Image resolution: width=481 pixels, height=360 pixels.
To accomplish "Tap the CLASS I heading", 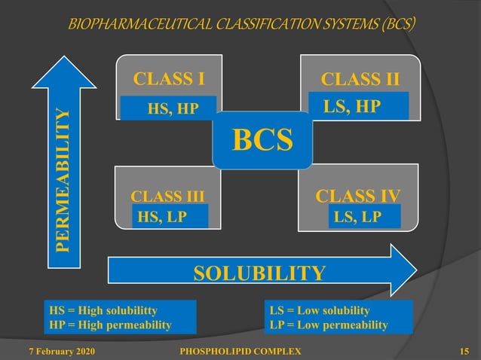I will [169, 78].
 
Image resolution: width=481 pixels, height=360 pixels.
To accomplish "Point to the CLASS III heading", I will [167, 198].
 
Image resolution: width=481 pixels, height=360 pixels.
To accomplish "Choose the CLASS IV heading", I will [357, 197].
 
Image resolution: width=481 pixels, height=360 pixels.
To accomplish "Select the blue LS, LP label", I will [357, 217].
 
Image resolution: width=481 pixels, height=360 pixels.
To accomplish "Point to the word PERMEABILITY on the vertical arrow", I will [66, 179].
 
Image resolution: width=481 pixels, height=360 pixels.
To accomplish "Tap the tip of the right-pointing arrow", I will [415, 270].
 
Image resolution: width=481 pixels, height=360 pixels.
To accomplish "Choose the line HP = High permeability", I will [109, 325].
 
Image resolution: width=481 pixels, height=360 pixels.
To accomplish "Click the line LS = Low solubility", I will [320, 310].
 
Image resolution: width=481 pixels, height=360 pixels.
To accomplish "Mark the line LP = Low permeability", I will [328, 325].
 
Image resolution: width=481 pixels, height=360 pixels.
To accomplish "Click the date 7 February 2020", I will [62, 351].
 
